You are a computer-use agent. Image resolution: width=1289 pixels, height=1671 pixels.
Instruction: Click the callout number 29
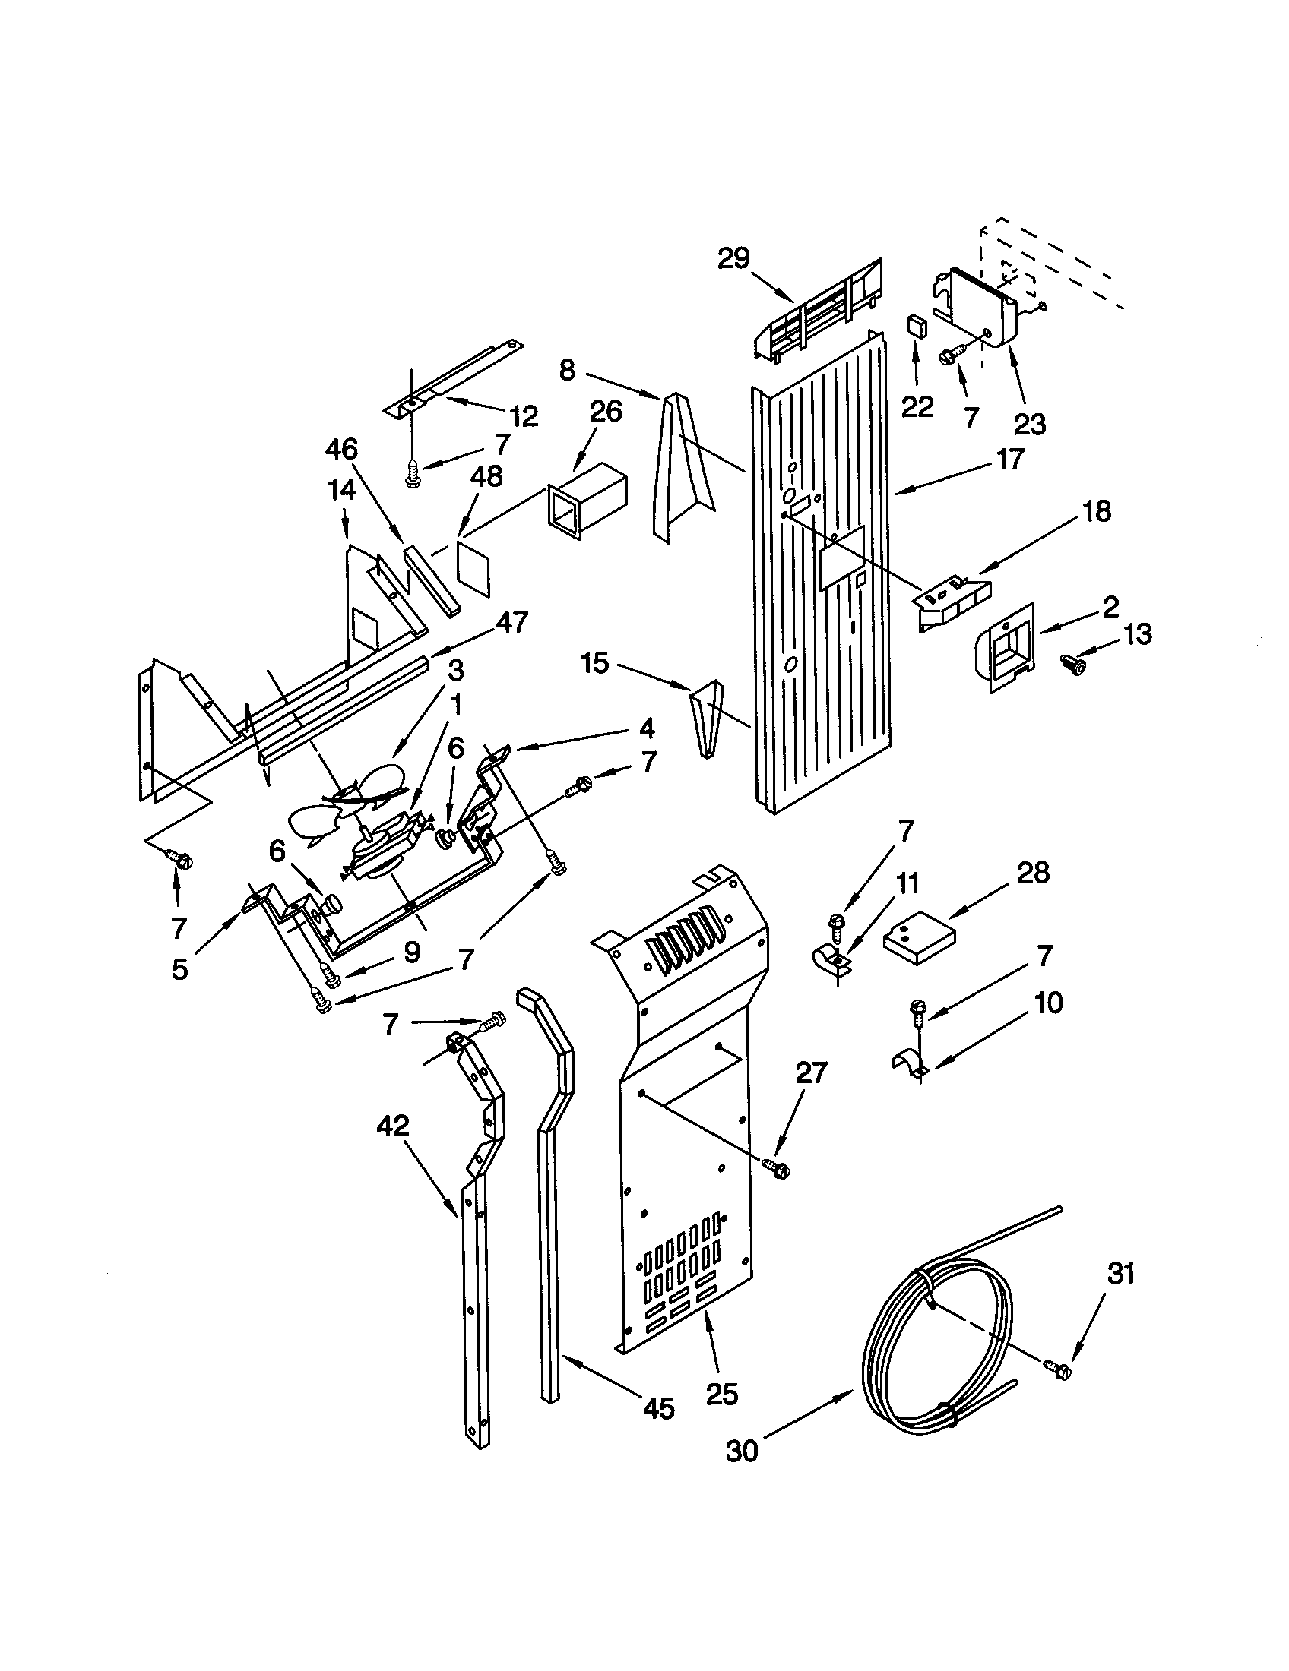tap(733, 258)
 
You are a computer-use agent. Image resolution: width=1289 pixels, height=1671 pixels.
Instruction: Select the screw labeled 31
tap(1062, 1371)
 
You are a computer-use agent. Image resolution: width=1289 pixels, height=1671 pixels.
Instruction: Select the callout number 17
tap(1009, 459)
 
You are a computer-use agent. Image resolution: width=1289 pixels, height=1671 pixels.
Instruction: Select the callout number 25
tap(721, 1393)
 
